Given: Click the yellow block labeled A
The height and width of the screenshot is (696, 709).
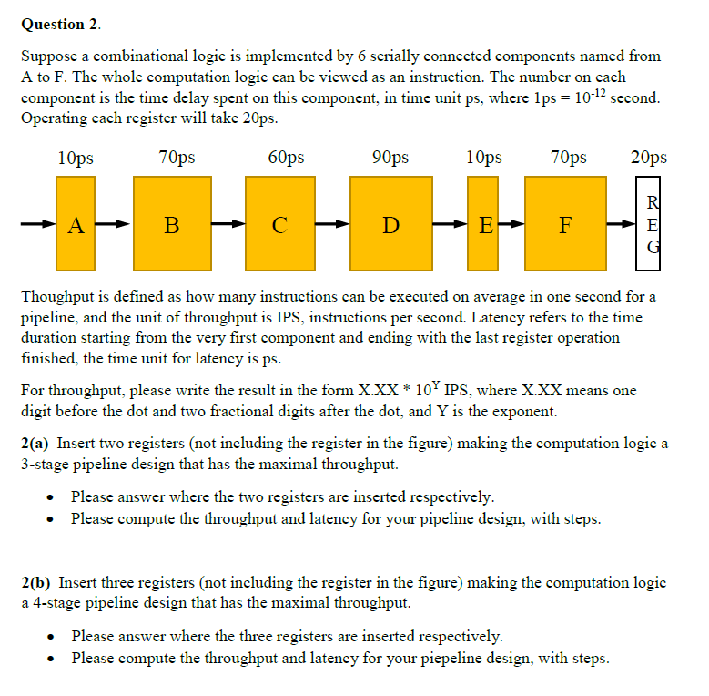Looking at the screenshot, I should coord(76,224).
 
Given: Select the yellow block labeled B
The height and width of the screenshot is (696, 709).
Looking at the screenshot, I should coord(172,224).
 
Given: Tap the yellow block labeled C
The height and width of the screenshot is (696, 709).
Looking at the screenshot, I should coord(279,224).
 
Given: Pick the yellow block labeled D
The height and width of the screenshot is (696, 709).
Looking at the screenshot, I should coord(390,224).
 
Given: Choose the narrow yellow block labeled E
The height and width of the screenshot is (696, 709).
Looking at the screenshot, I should coord(483,224).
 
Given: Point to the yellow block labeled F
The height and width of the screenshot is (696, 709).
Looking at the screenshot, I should coord(565,224).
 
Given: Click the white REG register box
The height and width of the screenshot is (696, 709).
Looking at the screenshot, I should coord(648,224).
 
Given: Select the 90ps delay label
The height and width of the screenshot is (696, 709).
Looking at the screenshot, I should coord(390,158).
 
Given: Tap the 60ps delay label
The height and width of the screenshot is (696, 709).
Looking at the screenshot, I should coord(286,158).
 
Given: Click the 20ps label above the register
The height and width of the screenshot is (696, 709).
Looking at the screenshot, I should coord(648,158).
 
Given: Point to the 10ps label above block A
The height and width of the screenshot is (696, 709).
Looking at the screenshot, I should coord(75,158).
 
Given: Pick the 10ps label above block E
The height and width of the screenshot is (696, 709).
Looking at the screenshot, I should coord(483,158).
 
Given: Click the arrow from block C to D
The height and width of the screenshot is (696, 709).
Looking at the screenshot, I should coord(334,224).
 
